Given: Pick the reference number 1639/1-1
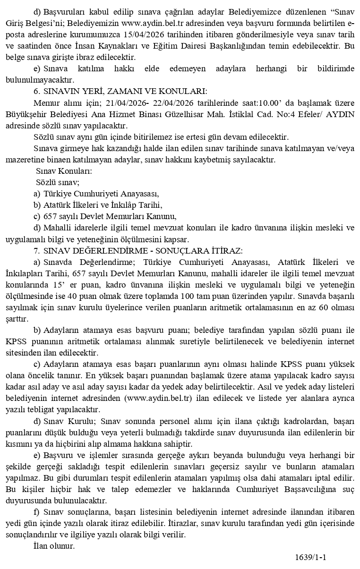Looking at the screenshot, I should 311,557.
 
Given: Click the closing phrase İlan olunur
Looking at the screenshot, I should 54,546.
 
